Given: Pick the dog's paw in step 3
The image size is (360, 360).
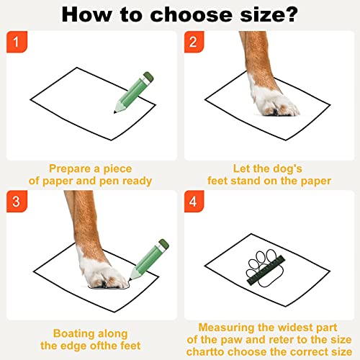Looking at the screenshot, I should click(106, 268).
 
